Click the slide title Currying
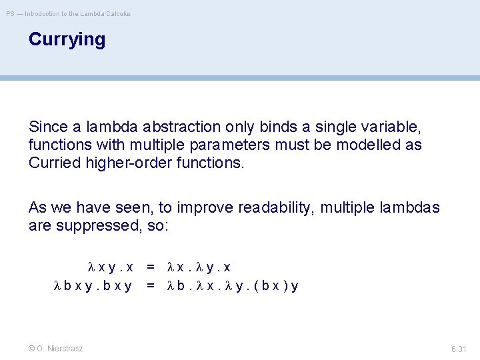click(67, 40)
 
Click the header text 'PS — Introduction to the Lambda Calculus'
click(69, 13)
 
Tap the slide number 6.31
click(459, 349)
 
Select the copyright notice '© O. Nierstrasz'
click(56, 349)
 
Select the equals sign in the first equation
click(151, 267)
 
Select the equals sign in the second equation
click(151, 286)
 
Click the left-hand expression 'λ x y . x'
click(111, 267)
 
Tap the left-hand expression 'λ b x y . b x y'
click(93, 286)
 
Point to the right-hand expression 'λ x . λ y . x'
click(198, 267)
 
